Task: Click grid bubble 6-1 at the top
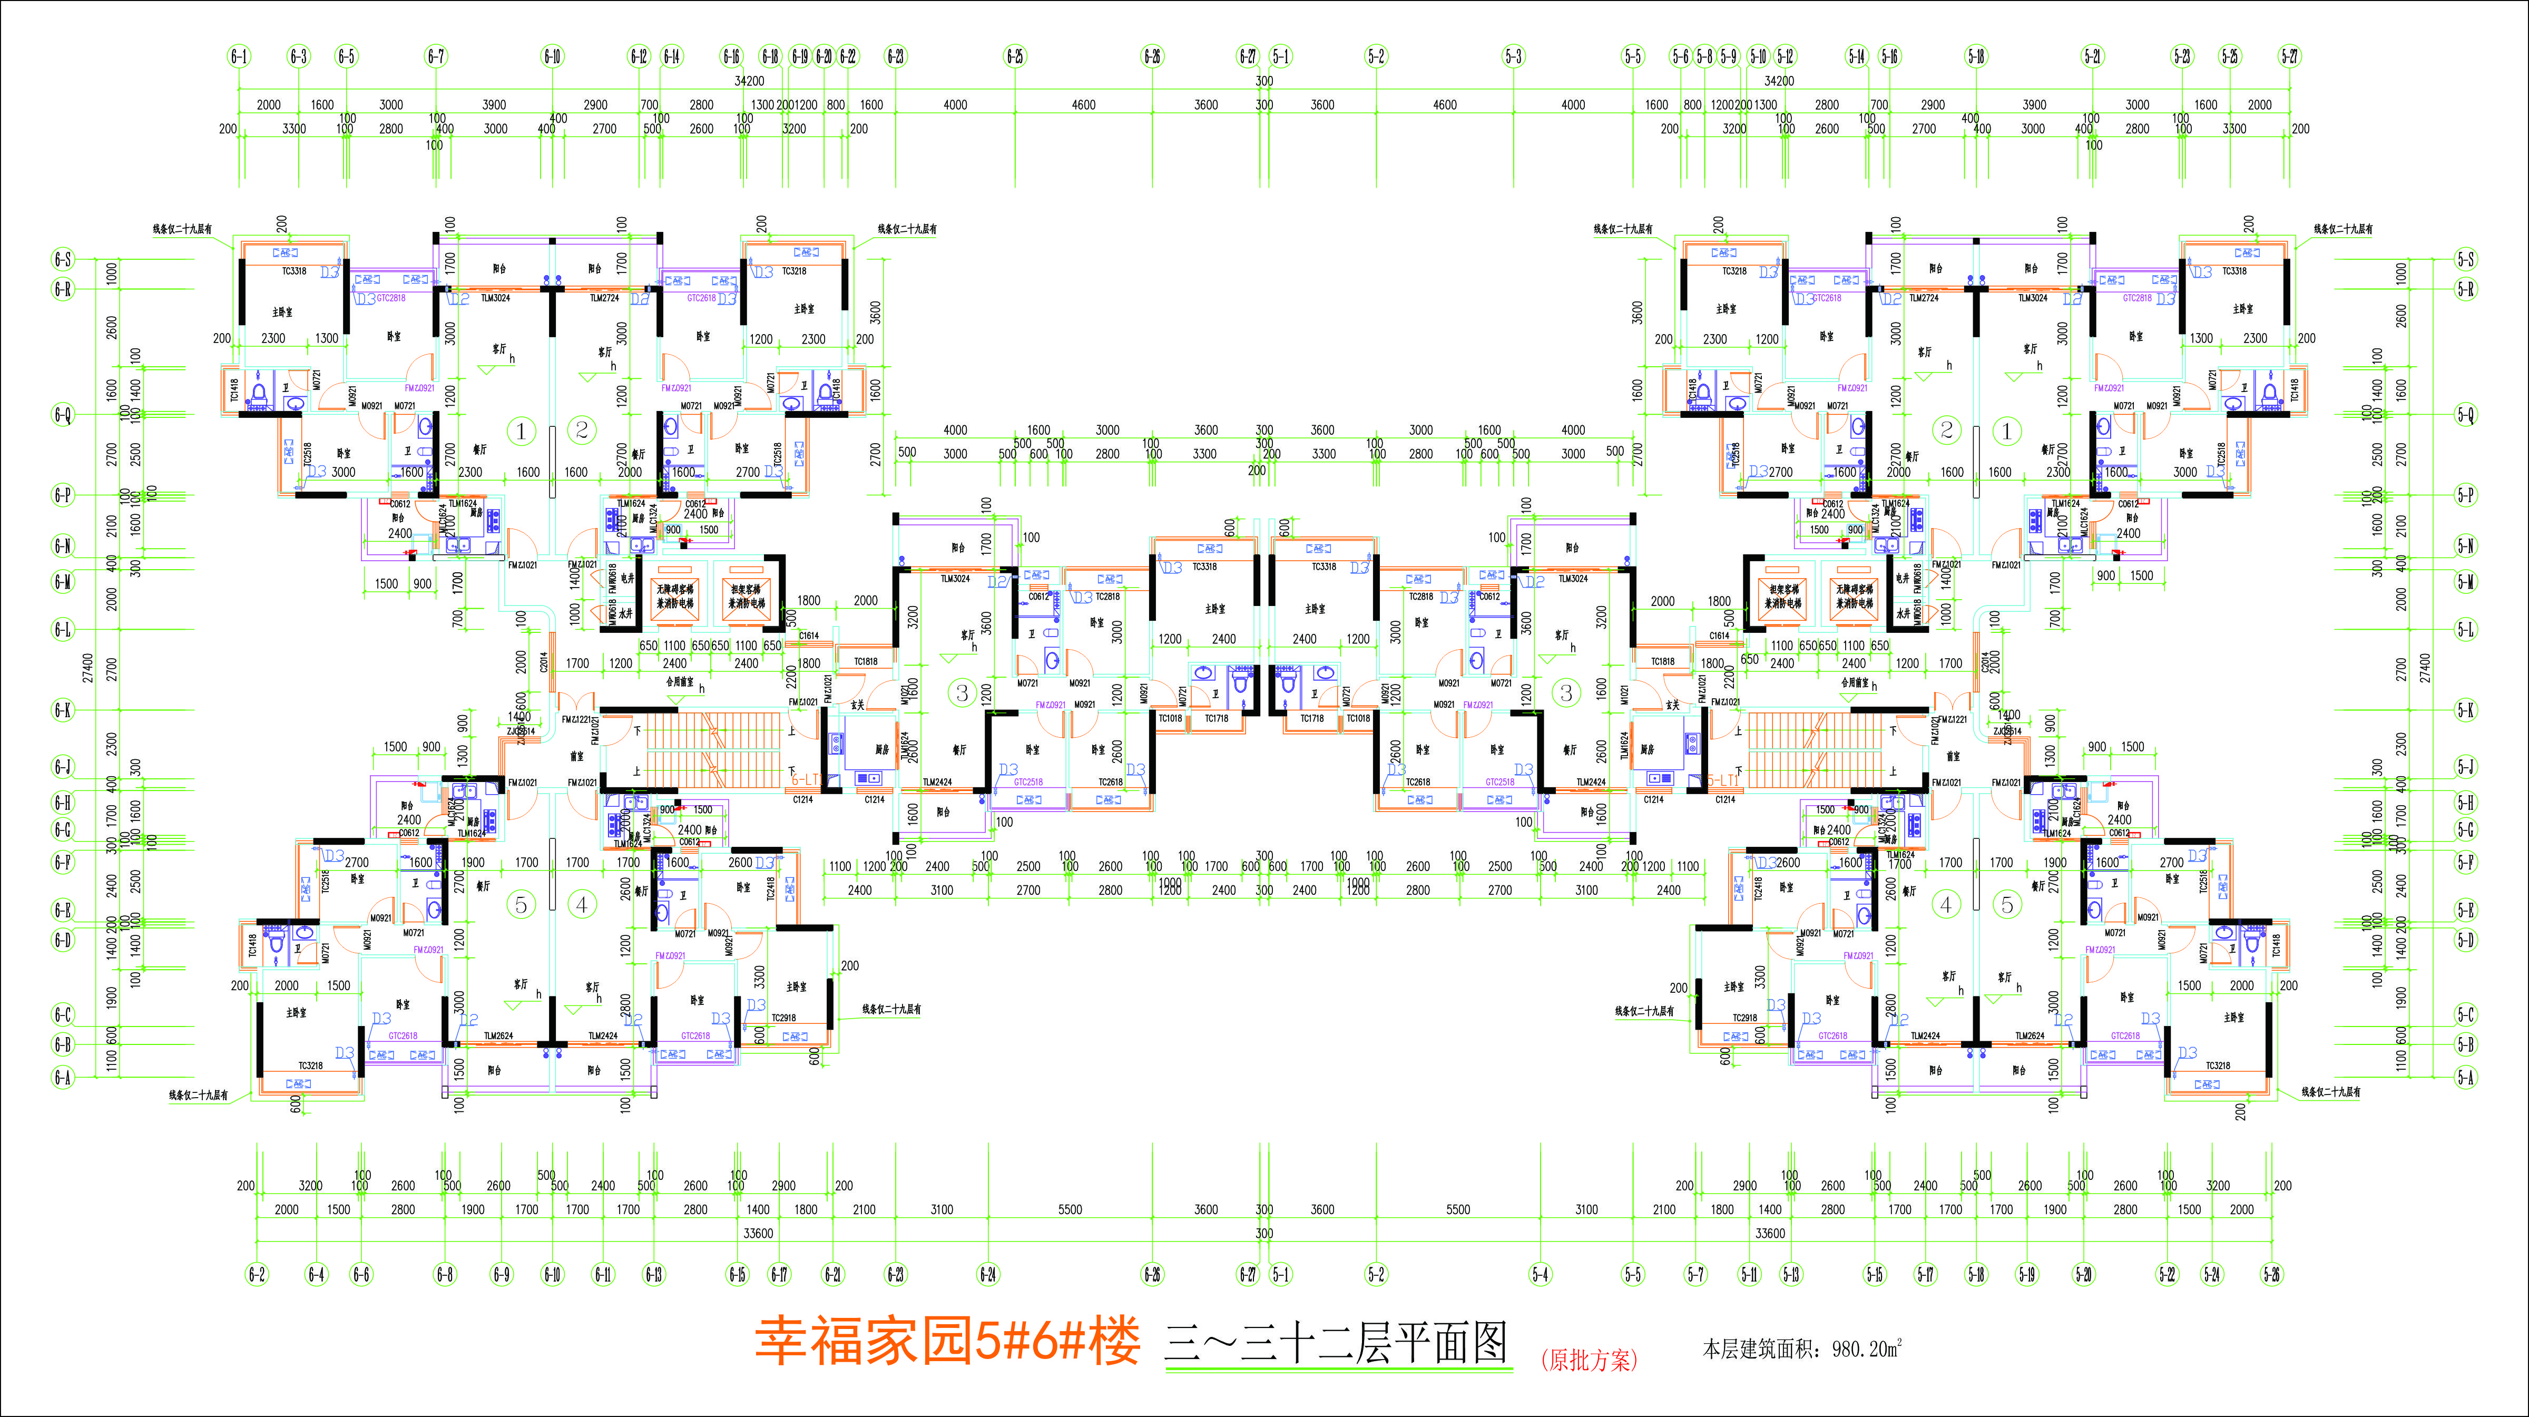pos(239,56)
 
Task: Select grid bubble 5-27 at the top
pos(2289,56)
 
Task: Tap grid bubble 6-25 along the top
pos(1014,56)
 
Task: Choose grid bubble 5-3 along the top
pos(1513,56)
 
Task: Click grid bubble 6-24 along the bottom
pos(988,1275)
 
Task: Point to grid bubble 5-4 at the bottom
pos(1540,1275)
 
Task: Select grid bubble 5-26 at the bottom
pos(2271,1275)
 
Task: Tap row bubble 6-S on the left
pos(63,259)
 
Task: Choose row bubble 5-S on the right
pos(2465,259)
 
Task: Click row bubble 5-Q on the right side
pos(2465,414)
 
